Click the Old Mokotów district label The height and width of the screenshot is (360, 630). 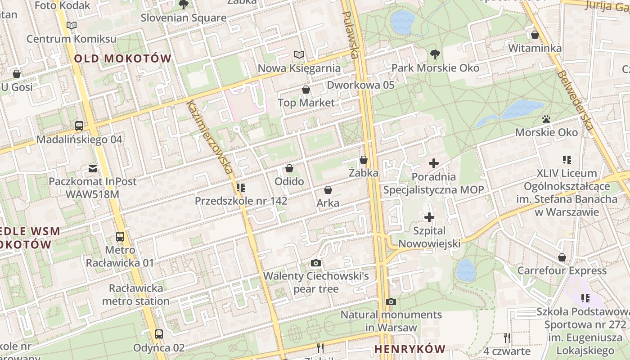(122, 58)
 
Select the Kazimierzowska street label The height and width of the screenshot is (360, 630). (210, 137)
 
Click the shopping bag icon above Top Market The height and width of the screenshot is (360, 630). (306, 90)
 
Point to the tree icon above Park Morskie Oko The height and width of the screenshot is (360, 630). (435, 54)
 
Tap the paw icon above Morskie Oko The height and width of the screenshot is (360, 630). (546, 119)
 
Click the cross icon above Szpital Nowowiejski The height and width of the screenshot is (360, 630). (429, 218)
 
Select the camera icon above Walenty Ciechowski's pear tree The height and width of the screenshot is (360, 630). (316, 263)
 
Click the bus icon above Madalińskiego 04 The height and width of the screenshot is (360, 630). (79, 126)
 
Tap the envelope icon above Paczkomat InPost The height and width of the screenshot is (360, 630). (93, 169)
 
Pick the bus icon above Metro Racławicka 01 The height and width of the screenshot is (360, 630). (120, 236)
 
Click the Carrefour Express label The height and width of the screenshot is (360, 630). (562, 270)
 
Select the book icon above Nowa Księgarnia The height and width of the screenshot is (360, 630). (299, 55)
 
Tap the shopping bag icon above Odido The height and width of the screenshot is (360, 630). (289, 168)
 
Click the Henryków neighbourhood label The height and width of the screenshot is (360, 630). (409, 349)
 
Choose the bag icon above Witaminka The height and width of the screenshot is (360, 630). (535, 35)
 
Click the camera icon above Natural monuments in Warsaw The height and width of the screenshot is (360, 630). (391, 301)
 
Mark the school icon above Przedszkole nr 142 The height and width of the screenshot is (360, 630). (241, 187)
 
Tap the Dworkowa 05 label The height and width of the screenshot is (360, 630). (360, 85)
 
